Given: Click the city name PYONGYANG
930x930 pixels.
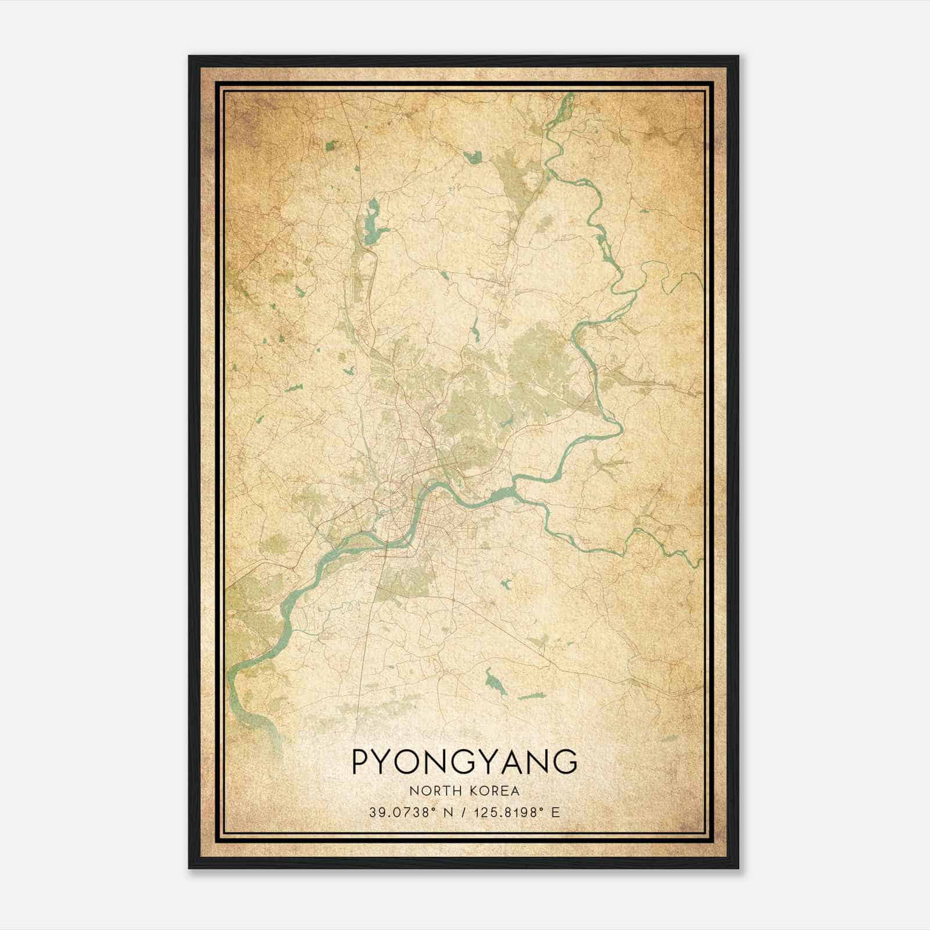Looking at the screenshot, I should click(x=464, y=762).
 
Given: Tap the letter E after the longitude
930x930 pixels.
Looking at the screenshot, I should click(x=556, y=813).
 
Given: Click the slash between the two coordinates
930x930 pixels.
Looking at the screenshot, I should click(x=463, y=813).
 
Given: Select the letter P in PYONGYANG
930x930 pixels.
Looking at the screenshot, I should click(x=360, y=762).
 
